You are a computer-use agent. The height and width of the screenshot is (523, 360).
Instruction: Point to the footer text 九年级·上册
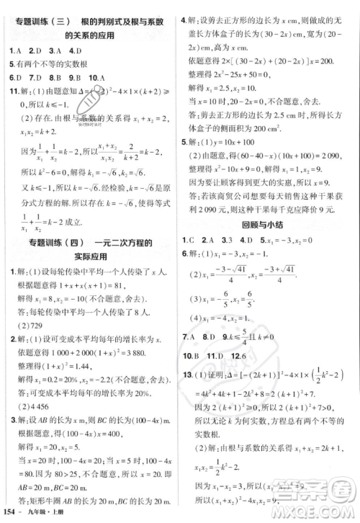[x=49, y=513]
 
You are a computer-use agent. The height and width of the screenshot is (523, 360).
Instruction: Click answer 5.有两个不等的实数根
[x=46, y=63]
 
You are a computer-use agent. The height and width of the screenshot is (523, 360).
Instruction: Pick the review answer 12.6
[x=249, y=375]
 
